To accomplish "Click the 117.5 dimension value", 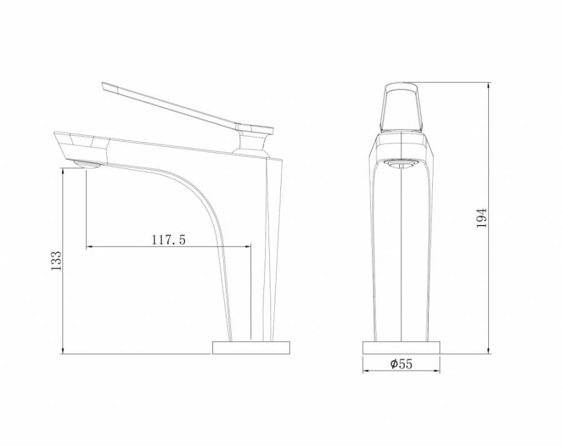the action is pyautogui.click(x=169, y=239).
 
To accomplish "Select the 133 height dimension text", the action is pyautogui.click(x=56, y=260).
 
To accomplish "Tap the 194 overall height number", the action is pyautogui.click(x=481, y=218).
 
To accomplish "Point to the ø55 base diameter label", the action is pyautogui.click(x=402, y=364).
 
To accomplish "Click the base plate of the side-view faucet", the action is pyautogui.click(x=251, y=347).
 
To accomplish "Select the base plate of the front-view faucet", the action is pyautogui.click(x=401, y=347).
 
